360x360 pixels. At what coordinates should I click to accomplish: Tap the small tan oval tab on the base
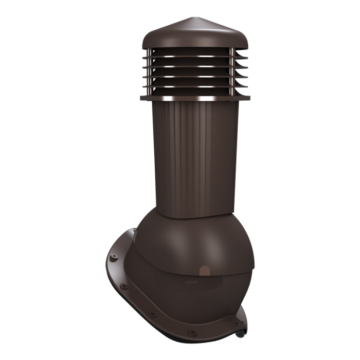tap(205, 271)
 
